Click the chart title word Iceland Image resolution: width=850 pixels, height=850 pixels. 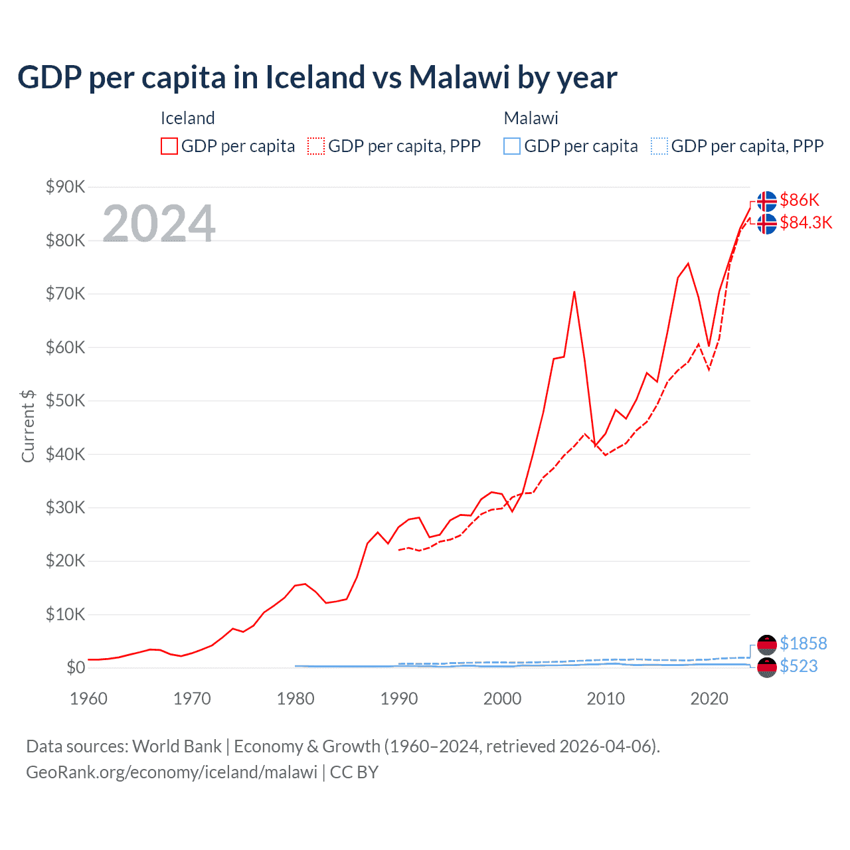point(315,78)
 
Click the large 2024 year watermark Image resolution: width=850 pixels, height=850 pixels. point(159,223)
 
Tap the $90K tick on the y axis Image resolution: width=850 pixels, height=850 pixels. point(65,187)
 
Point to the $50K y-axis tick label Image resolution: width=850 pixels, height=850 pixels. point(65,400)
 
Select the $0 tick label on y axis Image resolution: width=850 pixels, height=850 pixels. point(76,667)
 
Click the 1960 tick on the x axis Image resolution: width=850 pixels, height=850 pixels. point(88,699)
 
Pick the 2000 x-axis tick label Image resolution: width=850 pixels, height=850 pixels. point(502,699)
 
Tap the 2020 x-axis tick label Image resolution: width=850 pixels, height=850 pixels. point(709,699)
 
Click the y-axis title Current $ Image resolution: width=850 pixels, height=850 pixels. point(28,426)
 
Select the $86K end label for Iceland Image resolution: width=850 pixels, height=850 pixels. point(800,200)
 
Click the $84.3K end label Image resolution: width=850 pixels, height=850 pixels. point(806,222)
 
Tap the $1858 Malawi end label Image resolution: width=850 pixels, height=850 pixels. point(803,643)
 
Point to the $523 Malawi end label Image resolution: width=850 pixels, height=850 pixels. point(798,666)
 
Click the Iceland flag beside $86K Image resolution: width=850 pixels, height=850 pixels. point(767,201)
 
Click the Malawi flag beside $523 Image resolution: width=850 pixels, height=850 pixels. point(767,667)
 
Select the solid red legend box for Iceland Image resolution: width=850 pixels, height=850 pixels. point(169,146)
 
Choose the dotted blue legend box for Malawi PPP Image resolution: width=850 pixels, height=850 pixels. point(659,146)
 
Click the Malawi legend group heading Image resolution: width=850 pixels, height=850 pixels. point(531,118)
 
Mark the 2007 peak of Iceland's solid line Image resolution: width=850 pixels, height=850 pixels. point(574,292)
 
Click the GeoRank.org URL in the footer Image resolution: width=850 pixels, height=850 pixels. point(171,772)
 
